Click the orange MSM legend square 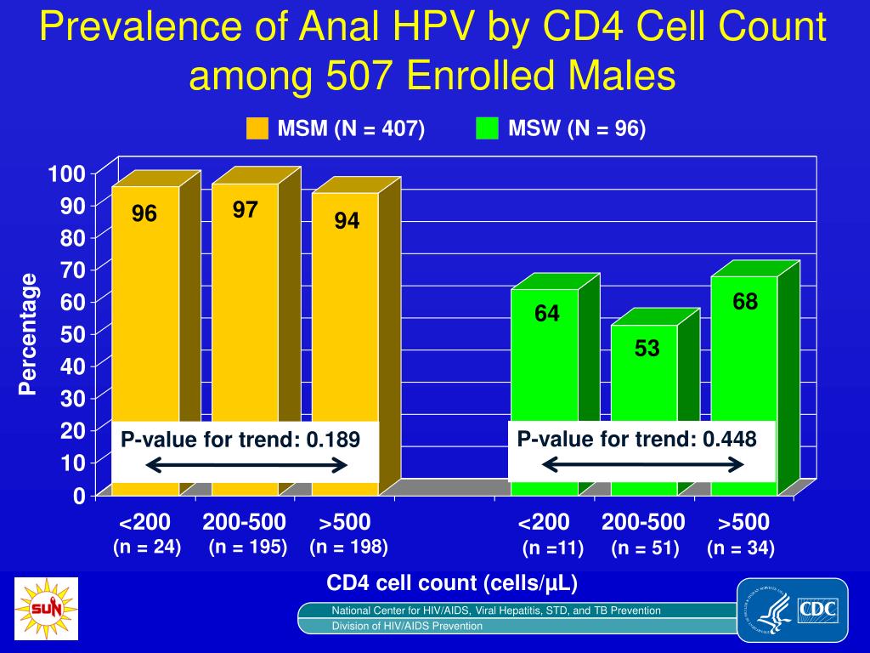[x=257, y=128]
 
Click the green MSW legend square [x=487, y=128]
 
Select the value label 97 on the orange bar [x=246, y=209]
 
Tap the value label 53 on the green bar [x=647, y=349]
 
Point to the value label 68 [x=745, y=302]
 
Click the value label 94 [x=347, y=221]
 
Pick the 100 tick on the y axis [x=67, y=174]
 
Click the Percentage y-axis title [x=29, y=334]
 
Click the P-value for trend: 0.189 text [x=240, y=440]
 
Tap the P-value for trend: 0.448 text [x=636, y=439]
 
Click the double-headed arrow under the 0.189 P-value [x=246, y=465]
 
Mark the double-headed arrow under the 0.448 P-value [x=643, y=464]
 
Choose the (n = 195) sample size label [x=248, y=547]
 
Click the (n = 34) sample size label [x=741, y=548]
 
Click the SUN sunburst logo [x=46, y=609]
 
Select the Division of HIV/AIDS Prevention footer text [x=407, y=626]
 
